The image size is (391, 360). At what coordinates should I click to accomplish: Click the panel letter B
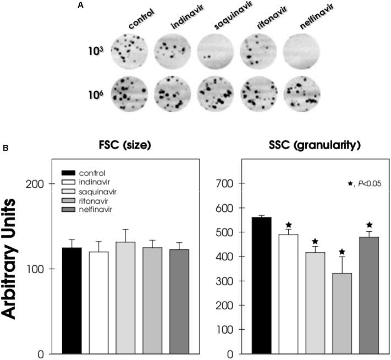5,148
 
